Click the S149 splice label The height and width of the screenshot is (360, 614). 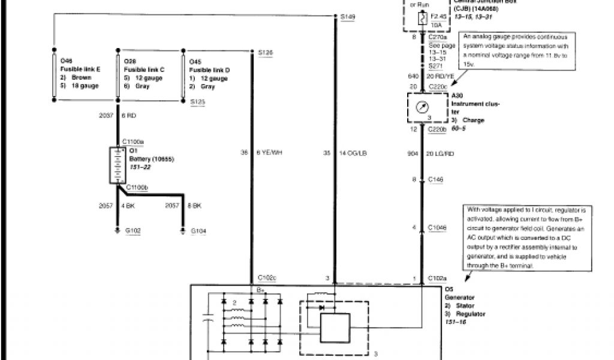[x=348, y=17]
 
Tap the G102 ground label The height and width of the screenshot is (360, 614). [x=133, y=230]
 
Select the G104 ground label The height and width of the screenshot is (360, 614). [x=198, y=230]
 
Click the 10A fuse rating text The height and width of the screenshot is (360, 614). [x=437, y=26]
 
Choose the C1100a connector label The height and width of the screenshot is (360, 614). [x=134, y=142]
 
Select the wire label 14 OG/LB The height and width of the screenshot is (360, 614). [x=354, y=153]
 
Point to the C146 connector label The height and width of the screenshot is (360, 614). [x=437, y=179]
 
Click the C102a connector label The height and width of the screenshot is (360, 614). [x=438, y=278]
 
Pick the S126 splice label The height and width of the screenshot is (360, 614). [x=265, y=53]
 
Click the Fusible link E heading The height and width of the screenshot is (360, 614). [x=80, y=69]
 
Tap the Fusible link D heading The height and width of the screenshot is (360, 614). [x=209, y=70]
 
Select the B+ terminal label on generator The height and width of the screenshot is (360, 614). [x=261, y=289]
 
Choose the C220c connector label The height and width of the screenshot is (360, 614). [x=438, y=87]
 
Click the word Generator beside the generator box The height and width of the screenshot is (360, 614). [x=461, y=297]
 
